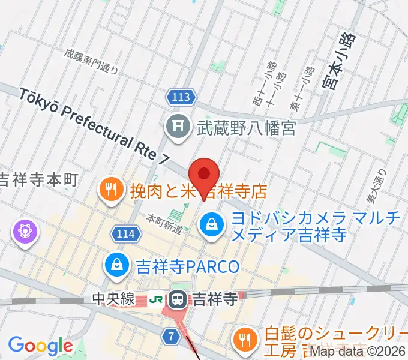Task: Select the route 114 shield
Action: [127, 231]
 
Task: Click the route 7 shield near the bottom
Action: [172, 337]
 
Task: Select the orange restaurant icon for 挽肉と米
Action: [110, 190]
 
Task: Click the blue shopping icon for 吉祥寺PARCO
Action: [115, 265]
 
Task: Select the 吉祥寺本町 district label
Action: [38, 179]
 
